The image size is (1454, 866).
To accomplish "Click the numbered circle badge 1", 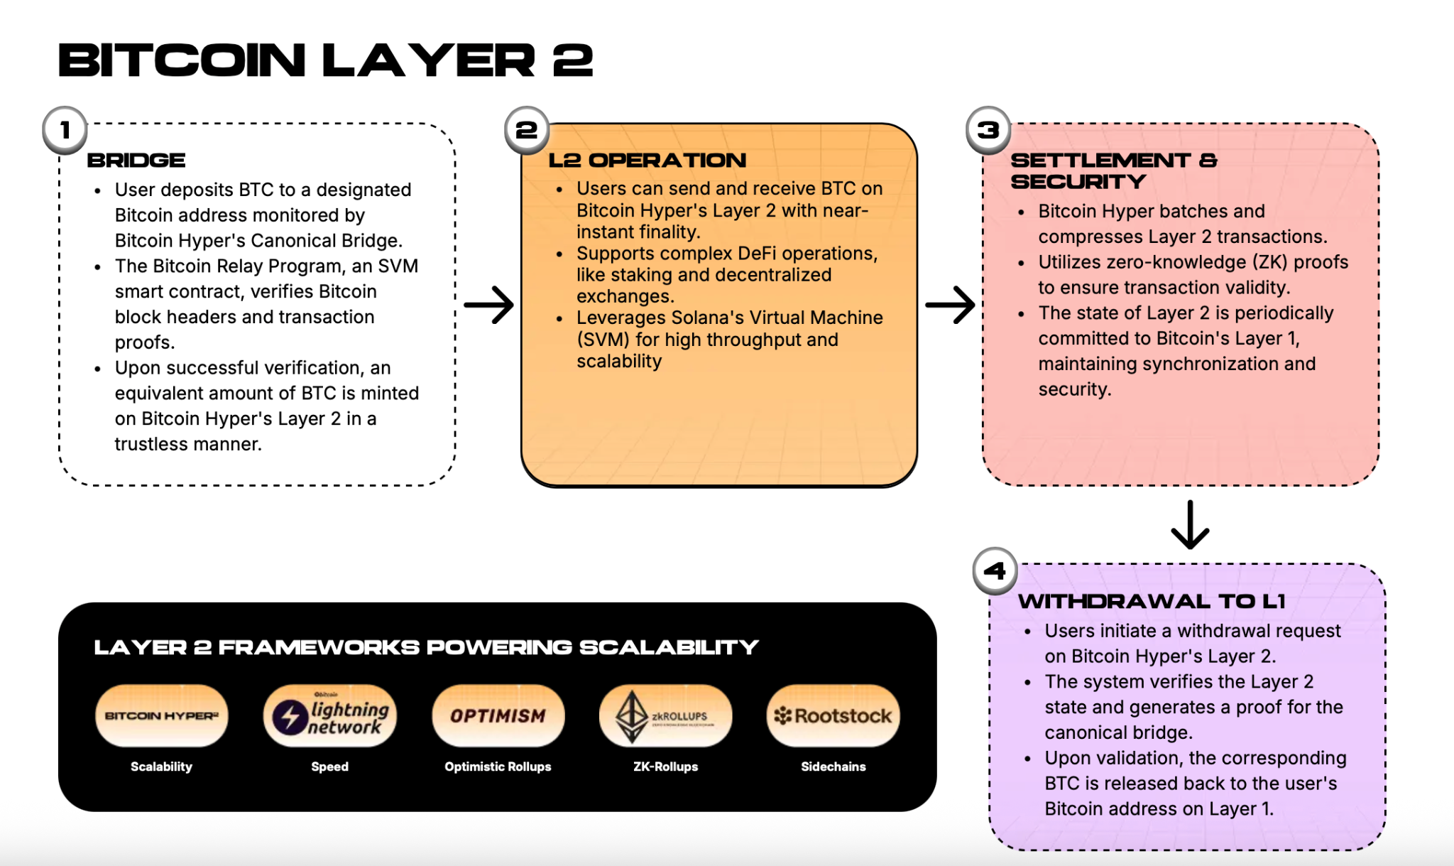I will point(65,130).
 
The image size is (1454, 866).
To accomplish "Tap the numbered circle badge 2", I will point(526,130).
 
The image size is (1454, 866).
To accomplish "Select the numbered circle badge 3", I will point(988,130).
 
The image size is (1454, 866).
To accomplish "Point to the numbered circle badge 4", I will point(995,570).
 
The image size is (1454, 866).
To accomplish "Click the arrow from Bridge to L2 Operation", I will point(488,305).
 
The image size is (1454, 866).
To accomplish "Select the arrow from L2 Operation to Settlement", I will point(950,305).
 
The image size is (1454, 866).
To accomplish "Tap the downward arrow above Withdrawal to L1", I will point(1190,525).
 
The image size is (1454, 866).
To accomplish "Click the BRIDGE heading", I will point(136,161).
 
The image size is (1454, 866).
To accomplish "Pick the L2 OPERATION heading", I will point(647,161).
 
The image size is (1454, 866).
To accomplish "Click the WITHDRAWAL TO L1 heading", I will point(1152,602).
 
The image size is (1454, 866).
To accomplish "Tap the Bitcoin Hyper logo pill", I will point(162,715).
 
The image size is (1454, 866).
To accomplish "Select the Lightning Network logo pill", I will point(330,715).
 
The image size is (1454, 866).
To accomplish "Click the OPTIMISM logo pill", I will point(498,715).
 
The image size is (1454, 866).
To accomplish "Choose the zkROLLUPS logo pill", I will point(665,715).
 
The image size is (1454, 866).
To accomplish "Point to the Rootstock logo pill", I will point(833,715).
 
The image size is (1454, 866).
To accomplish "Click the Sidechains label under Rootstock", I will point(833,767).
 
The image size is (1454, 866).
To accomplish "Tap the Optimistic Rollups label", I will point(498,767).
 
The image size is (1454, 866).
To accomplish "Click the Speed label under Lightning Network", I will point(330,767).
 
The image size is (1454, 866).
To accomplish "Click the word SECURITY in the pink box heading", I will point(1078,182).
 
